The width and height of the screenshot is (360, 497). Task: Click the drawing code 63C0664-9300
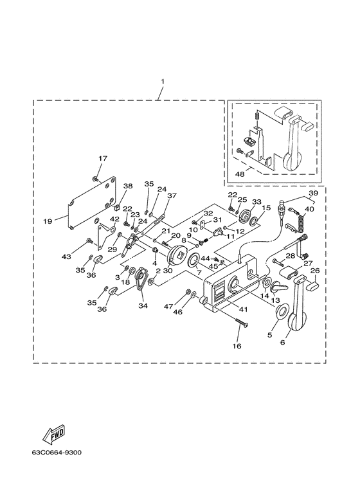click(x=57, y=452)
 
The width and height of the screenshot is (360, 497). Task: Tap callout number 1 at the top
click(x=163, y=82)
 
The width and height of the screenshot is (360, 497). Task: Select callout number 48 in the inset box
click(x=240, y=174)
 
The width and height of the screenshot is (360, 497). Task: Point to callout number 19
click(x=48, y=221)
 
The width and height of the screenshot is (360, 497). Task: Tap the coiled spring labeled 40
click(x=301, y=220)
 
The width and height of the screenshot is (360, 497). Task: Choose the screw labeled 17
click(x=94, y=179)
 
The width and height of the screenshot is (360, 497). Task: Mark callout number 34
click(x=142, y=306)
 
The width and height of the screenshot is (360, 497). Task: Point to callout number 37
click(x=172, y=196)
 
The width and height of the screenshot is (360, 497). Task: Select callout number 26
click(x=315, y=271)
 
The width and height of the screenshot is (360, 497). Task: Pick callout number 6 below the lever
click(x=283, y=342)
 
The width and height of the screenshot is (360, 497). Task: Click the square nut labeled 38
click(x=116, y=208)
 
